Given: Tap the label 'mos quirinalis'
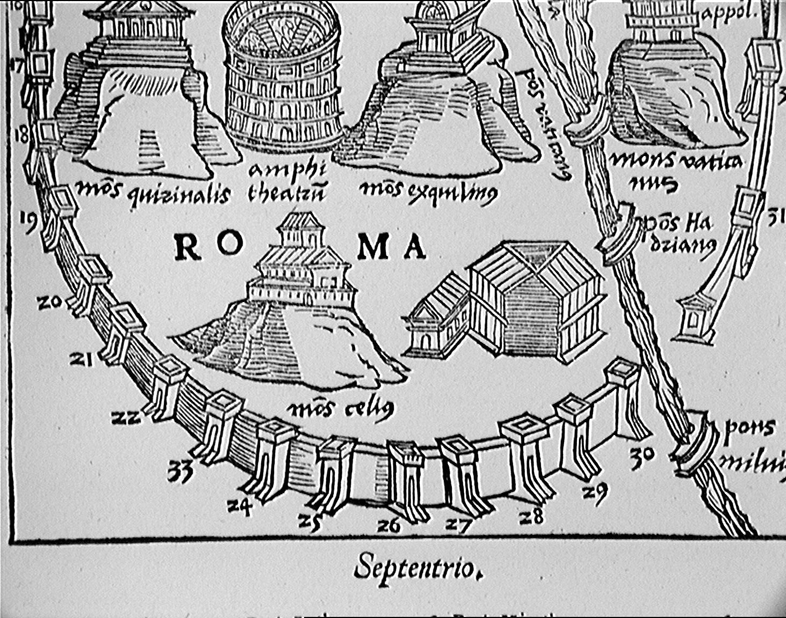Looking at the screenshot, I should [154, 194].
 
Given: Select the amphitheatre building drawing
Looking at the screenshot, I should [282, 75].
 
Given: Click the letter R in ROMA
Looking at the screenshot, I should [188, 247].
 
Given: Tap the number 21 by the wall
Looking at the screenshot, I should [82, 359].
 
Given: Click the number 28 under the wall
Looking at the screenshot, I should [532, 516].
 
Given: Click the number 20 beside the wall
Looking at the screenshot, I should [50, 303].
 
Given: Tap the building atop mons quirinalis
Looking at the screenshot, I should [142, 24].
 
